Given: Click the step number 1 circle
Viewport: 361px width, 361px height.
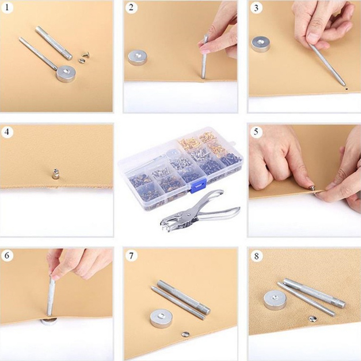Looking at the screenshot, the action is coord(7,7).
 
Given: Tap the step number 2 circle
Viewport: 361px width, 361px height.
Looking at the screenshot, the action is coord(131,7).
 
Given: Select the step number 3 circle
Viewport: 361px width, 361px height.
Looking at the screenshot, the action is coord(256,8).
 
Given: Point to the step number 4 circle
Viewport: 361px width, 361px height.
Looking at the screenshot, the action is coord(7,132).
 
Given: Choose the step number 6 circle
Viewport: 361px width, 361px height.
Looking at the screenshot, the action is coord(7,255).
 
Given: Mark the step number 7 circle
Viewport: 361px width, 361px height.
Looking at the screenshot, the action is coord(131,255).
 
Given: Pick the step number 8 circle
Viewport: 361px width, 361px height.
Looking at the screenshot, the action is coord(256,256).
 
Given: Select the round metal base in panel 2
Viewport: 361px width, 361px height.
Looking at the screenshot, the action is coord(137,57).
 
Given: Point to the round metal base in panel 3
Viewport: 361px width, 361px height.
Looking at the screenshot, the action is coord(260,44).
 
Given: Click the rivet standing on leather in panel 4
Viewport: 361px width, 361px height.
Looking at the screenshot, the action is coord(55,174).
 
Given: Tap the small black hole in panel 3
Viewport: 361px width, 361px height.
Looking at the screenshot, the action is coord(346,88).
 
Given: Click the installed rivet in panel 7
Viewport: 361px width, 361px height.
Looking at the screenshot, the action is coord(185,334).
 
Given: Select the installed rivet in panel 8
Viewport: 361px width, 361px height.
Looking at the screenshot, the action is coord(312,319).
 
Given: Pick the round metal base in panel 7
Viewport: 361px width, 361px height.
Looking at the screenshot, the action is coord(160,319).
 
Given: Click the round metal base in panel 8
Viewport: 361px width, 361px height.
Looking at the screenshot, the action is coord(275,300).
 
